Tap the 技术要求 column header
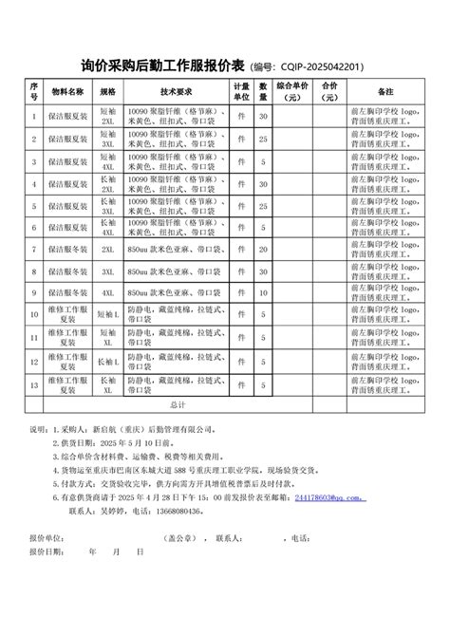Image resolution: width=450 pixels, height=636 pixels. (x=177, y=92)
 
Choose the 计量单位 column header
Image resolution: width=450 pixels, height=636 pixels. (x=242, y=92)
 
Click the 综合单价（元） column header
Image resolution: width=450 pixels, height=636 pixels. (x=291, y=92)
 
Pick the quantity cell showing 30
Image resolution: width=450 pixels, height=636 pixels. (x=264, y=116)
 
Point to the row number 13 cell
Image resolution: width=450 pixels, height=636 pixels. (x=34, y=383)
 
